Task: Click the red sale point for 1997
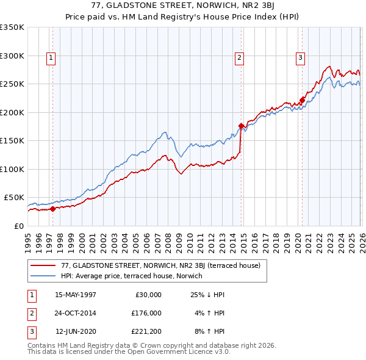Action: coord(52,209)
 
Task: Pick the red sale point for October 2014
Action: coord(241,126)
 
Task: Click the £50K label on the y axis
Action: coord(14,198)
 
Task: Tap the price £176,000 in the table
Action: coord(146,313)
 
